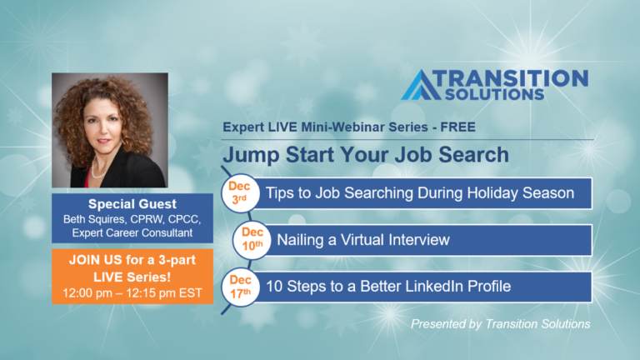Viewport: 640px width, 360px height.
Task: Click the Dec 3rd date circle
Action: (241, 192)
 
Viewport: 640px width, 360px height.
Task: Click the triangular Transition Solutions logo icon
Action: (421, 85)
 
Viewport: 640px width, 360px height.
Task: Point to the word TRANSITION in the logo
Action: (514, 78)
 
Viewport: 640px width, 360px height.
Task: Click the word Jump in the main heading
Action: (248, 155)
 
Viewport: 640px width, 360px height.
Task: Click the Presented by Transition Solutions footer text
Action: (500, 324)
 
